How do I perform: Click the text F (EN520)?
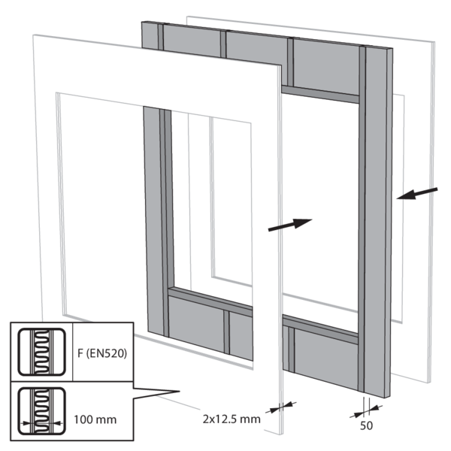tap(102, 353)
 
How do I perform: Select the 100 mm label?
tap(95, 419)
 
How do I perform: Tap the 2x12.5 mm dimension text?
tap(232, 419)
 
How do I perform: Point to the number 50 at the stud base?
tap(366, 425)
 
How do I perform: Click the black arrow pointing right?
tap(290, 224)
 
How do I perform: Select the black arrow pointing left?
tap(417, 194)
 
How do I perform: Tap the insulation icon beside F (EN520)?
tap(41, 352)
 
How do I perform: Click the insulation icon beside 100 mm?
tap(41, 411)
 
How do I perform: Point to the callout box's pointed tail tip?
tap(180, 391)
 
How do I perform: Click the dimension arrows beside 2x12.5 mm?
tap(280, 407)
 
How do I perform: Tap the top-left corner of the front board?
tap(33, 35)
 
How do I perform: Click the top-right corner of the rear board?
tap(434, 42)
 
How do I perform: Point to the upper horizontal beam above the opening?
tap(320, 95)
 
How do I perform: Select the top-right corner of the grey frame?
tap(392, 49)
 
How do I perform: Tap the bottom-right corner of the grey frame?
tap(389, 398)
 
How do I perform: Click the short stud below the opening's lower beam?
tap(226, 332)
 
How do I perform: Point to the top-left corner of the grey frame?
tap(142, 22)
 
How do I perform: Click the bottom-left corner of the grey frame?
tap(147, 331)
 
